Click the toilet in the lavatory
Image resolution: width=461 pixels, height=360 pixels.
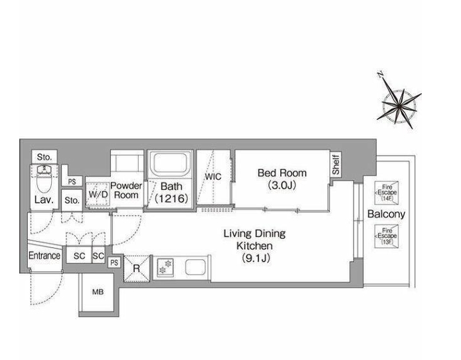click(45, 179)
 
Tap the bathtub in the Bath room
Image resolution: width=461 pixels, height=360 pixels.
click(170, 163)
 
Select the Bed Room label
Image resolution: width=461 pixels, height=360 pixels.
click(282, 173)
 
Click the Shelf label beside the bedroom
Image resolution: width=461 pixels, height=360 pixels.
click(335, 164)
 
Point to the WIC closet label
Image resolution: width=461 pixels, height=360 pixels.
click(213, 177)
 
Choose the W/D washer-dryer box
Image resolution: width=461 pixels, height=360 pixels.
click(98, 194)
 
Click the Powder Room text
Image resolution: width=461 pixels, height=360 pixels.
click(126, 191)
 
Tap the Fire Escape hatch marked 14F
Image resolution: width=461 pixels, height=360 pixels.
click(387, 193)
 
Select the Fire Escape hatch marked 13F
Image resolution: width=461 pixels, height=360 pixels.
click(387, 236)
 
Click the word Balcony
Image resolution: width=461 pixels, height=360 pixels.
click(386, 214)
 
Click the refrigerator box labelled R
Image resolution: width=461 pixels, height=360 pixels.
click(137, 268)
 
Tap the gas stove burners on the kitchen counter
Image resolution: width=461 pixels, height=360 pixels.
click(165, 267)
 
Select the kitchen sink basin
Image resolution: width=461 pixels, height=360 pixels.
click(195, 267)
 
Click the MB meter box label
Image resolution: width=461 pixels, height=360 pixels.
click(98, 292)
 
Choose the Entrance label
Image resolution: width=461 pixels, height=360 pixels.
click(45, 256)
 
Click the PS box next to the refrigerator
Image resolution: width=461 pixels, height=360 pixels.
click(114, 262)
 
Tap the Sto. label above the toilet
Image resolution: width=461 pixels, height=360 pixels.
click(45, 157)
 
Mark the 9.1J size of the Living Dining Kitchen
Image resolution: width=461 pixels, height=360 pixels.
click(256, 258)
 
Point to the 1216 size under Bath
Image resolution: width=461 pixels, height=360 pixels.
click(171, 199)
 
